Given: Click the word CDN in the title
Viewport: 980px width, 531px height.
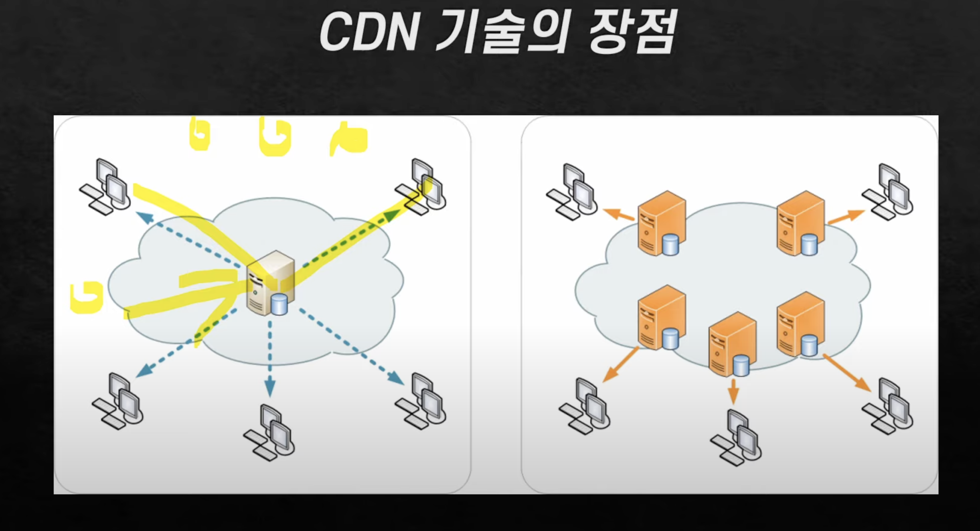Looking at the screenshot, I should click(x=369, y=32).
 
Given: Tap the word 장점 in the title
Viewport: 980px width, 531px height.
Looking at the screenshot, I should click(x=633, y=32).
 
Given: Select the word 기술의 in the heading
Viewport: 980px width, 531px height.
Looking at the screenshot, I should click(x=503, y=32).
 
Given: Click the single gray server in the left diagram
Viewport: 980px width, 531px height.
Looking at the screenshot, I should click(x=270, y=283).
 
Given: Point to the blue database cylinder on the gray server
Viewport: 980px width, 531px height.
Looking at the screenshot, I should click(x=279, y=304).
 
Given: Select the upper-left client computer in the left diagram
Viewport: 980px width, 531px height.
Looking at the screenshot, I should click(x=105, y=187).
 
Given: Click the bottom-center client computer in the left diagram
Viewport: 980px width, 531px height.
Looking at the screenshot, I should click(x=269, y=433).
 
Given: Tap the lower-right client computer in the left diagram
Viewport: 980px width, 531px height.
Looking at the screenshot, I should click(x=421, y=402).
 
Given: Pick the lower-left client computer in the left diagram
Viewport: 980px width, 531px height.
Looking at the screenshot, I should click(x=118, y=402).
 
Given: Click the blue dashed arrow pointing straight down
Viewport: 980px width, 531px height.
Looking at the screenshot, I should click(x=270, y=357).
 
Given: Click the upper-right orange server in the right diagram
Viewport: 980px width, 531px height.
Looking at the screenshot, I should click(x=800, y=223).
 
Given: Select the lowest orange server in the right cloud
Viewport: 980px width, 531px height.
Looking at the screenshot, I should click(x=732, y=345).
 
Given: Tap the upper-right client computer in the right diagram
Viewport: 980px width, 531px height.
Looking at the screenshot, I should click(x=888, y=193).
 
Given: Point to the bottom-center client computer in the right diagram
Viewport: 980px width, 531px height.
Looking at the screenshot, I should click(x=736, y=438).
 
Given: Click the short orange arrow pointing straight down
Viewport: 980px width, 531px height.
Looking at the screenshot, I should click(x=733, y=391).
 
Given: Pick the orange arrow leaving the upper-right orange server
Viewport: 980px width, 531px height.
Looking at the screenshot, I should click(x=845, y=217).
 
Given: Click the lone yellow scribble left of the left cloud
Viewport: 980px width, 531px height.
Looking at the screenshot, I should click(x=87, y=297).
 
